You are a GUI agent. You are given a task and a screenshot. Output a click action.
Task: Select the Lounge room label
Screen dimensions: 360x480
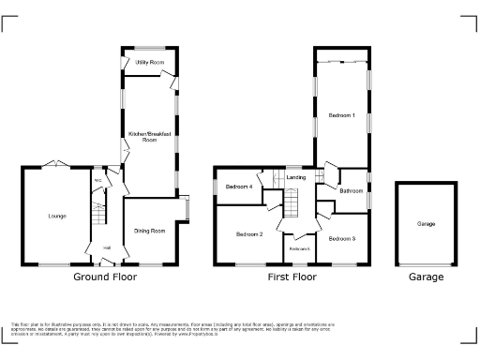(57, 217)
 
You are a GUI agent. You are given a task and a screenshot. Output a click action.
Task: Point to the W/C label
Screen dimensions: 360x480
(97, 182)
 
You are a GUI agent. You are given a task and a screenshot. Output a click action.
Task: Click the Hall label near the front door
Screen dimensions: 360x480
(108, 247)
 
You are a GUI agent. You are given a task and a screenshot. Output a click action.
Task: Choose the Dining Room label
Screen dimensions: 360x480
(150, 231)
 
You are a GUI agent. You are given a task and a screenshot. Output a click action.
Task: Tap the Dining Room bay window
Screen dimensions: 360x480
(187, 209)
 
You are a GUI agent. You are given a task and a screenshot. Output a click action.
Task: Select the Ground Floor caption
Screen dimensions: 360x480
(105, 277)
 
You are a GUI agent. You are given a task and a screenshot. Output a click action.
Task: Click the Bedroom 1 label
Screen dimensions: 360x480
(341, 115)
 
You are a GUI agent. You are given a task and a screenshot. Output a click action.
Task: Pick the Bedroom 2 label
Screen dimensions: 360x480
(248, 233)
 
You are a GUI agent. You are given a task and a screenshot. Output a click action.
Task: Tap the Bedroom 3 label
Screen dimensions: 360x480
(342, 239)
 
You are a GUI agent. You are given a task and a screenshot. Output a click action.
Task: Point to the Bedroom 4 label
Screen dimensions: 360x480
(239, 187)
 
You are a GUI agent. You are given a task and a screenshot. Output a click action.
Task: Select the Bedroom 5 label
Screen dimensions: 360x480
(299, 248)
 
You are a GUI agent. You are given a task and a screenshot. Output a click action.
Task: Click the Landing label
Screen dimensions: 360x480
(296, 177)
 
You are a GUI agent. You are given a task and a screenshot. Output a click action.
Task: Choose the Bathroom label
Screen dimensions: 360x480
(352, 191)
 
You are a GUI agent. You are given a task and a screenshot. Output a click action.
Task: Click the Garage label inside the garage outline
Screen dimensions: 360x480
(426, 224)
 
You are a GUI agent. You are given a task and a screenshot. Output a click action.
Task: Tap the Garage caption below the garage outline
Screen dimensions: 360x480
(426, 277)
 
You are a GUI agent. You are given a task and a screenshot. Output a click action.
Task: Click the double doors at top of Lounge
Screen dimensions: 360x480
(54, 166)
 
